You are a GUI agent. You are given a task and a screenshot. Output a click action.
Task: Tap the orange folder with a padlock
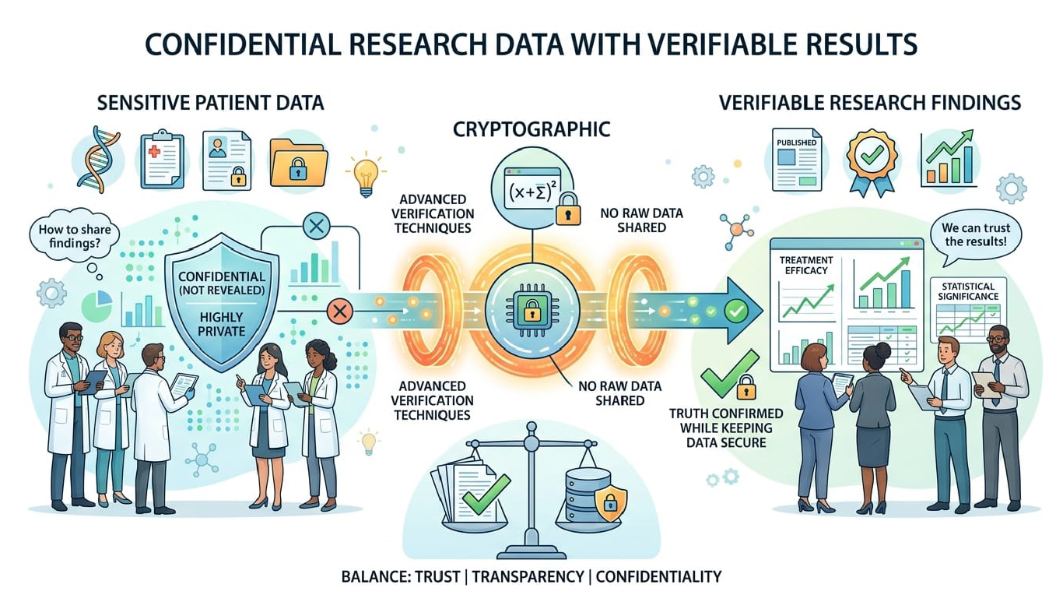click(297, 161)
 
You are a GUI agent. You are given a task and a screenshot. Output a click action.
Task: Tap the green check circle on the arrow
click(735, 311)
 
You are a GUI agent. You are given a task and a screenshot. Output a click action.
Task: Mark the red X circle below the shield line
click(339, 312)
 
